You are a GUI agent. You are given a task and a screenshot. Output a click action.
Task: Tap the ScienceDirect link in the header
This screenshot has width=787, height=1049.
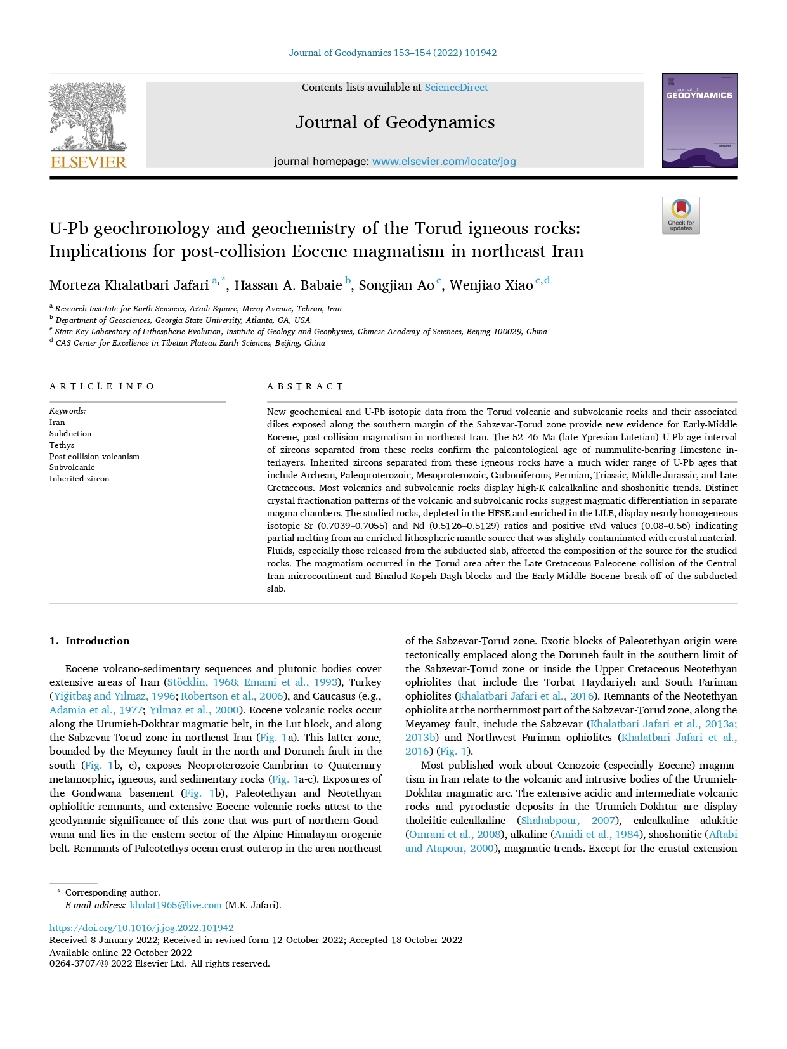[x=456, y=88]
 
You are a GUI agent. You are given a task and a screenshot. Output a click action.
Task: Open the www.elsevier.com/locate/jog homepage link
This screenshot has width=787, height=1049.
[x=444, y=161]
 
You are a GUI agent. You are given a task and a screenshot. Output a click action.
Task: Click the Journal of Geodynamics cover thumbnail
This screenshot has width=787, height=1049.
[x=699, y=121]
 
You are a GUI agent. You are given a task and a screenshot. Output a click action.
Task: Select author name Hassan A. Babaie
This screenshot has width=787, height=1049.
[x=288, y=285]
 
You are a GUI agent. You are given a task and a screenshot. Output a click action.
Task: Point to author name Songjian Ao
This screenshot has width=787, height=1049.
[x=396, y=285]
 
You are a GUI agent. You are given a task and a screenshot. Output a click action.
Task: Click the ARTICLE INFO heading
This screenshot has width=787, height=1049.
[x=102, y=386]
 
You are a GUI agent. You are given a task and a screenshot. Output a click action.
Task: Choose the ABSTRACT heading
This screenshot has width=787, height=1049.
[x=305, y=386]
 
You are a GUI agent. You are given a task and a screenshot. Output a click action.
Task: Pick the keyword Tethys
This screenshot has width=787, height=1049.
[x=62, y=445]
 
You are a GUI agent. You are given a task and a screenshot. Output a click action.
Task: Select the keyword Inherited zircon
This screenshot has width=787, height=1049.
[x=79, y=479]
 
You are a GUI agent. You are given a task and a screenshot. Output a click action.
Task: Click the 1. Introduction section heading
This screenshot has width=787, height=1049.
[x=89, y=641]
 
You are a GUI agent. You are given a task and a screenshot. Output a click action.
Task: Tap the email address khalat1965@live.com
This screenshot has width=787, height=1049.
[x=176, y=905]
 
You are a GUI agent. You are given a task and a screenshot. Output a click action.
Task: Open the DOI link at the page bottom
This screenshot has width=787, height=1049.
[x=141, y=928]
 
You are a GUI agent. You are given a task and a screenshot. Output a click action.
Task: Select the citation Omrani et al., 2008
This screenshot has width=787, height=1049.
[x=454, y=835]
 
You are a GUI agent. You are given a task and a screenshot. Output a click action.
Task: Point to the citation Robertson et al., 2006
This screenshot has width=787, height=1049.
[x=232, y=696]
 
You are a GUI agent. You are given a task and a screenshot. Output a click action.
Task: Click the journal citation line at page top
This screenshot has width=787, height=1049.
[x=393, y=53]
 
